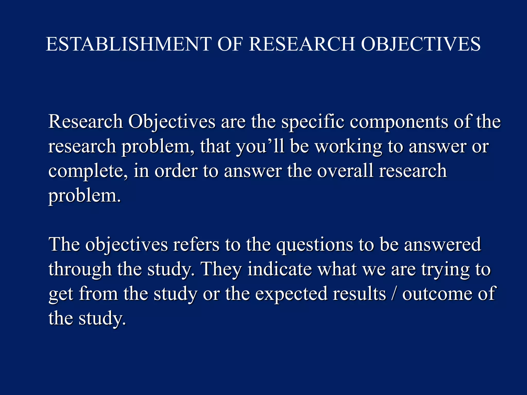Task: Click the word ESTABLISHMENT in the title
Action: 129,44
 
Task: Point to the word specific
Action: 313,122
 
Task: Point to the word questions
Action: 314,245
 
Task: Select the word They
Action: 222,269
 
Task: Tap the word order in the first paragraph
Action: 176,171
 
